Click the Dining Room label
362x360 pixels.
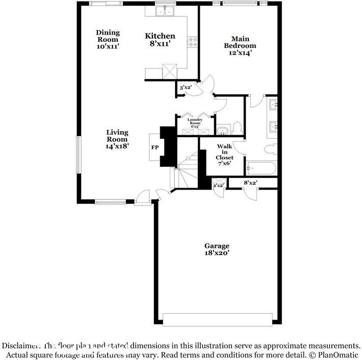(x=108, y=39)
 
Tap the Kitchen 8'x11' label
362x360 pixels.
(x=160, y=39)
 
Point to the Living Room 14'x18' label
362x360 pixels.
(x=117, y=139)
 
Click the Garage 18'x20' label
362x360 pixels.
(x=217, y=249)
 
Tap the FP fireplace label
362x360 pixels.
(x=155, y=148)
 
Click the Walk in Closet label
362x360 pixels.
(x=225, y=155)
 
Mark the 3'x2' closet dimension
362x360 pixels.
(x=185, y=88)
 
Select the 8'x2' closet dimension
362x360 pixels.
(x=250, y=183)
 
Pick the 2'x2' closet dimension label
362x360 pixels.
(x=218, y=185)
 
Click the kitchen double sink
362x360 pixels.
(x=165, y=12)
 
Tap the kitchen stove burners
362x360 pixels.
(x=193, y=42)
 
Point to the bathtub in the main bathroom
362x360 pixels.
(x=261, y=168)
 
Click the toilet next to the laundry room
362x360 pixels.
(x=237, y=127)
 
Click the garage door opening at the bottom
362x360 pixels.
(x=218, y=320)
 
